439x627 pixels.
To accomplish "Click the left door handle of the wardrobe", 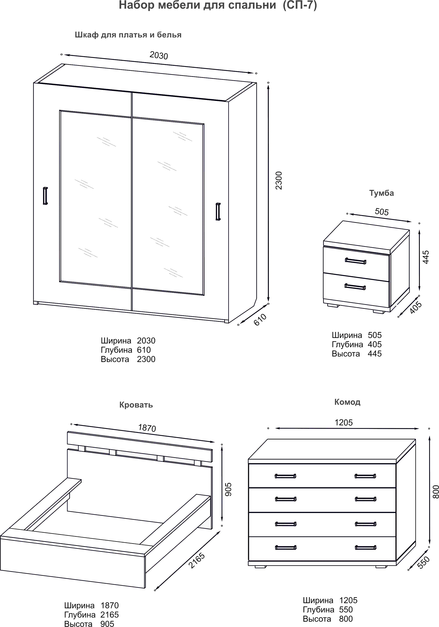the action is click(45, 196).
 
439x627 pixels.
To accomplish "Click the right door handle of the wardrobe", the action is click(218, 211).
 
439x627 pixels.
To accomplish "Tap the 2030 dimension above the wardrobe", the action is click(159, 55).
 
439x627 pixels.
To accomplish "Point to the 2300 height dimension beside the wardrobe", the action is click(279, 180).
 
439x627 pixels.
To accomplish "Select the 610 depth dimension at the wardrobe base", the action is click(260, 319).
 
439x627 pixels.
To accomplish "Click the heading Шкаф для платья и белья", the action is click(128, 35).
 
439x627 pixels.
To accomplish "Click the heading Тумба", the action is click(381, 193).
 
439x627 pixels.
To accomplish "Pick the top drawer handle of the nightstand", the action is click(355, 261).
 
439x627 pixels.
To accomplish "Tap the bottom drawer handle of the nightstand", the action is click(355, 286).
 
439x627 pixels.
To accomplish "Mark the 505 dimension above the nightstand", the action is click(382, 212).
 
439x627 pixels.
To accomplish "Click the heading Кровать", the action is click(136, 405).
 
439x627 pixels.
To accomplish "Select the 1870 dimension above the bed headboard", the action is click(147, 428).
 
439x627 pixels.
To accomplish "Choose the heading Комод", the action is click(347, 402).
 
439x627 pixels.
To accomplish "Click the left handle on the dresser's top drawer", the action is click(285, 476).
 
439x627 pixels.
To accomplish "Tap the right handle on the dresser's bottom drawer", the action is click(365, 548).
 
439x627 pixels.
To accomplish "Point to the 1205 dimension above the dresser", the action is click(344, 423).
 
